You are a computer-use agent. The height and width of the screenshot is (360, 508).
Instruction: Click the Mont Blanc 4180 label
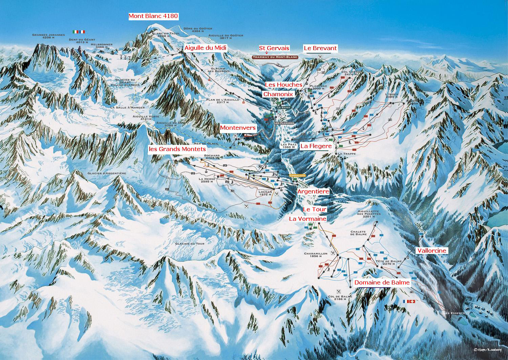pyautogui.click(x=153, y=16)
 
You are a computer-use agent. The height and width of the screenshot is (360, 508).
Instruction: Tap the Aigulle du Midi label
pyautogui.click(x=205, y=48)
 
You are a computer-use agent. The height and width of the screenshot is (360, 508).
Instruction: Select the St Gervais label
pyautogui.click(x=274, y=48)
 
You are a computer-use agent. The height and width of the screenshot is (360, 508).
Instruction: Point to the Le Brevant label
pyautogui.click(x=320, y=48)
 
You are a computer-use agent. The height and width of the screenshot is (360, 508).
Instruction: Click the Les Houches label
pyautogui.click(x=283, y=84)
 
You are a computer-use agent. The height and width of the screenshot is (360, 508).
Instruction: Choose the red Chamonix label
pyautogui.click(x=278, y=93)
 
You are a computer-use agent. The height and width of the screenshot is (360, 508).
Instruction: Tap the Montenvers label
pyautogui.click(x=238, y=128)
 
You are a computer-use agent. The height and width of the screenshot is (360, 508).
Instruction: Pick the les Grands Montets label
pyautogui.click(x=177, y=149)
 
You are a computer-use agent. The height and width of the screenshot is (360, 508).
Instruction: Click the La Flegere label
pyautogui.click(x=316, y=146)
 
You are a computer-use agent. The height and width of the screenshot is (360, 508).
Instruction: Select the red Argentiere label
pyautogui.click(x=313, y=191)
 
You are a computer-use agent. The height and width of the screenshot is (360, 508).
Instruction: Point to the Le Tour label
pyautogui.click(x=314, y=210)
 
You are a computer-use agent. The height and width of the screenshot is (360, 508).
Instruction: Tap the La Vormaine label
pyautogui.click(x=308, y=219)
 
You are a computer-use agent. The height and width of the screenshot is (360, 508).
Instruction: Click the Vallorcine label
pyautogui.click(x=432, y=251)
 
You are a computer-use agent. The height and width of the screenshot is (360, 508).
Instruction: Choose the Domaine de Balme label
pyautogui.click(x=382, y=282)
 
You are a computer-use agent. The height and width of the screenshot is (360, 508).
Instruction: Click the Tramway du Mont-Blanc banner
pyautogui.click(x=275, y=57)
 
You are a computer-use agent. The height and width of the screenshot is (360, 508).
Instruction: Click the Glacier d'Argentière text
pyautogui.click(x=106, y=173)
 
